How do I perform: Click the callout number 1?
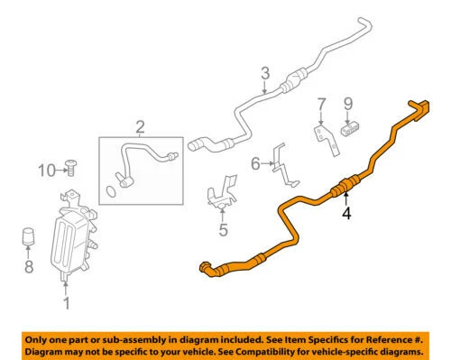tap(67, 302)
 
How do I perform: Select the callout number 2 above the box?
tap(140, 127)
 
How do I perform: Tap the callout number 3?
tap(265, 73)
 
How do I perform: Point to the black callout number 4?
tap(346, 213)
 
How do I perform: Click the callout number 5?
tap(223, 230)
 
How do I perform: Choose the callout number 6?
tap(255, 164)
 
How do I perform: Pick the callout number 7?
tap(321, 105)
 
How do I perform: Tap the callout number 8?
tap(29, 266)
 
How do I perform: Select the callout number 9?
tap(348, 104)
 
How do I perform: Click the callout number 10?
tap(47, 171)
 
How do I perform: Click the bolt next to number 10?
tap(71, 168)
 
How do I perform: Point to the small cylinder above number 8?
tap(28, 236)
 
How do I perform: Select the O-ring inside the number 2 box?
tap(111, 191)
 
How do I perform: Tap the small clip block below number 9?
tap(350, 129)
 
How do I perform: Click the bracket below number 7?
tap(327, 139)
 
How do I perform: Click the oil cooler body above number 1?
tap(74, 235)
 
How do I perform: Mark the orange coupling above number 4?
tap(345, 186)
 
